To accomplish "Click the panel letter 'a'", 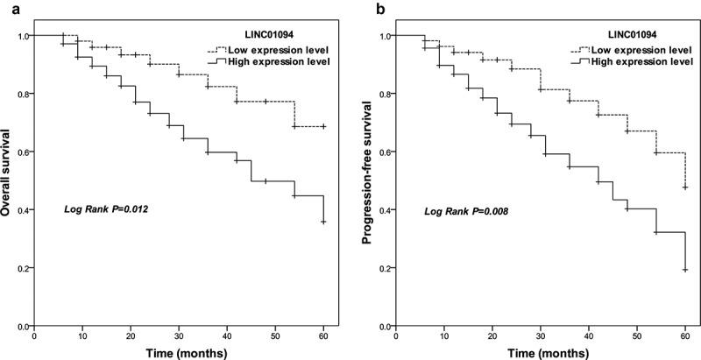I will (6, 7).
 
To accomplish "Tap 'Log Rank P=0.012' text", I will (104, 210).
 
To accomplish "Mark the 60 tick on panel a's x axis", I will (324, 335).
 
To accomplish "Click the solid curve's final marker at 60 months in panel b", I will (684, 270).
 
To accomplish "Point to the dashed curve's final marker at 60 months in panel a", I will (324, 126).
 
